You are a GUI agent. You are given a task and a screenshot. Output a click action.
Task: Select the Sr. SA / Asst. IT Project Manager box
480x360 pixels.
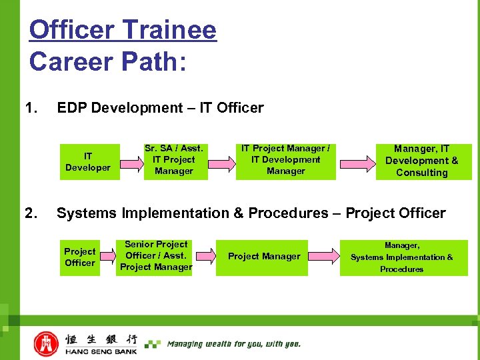click(175, 161)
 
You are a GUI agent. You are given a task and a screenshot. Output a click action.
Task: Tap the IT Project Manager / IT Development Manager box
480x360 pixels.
click(285, 161)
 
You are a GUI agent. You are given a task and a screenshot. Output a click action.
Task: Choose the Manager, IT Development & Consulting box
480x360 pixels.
click(423, 162)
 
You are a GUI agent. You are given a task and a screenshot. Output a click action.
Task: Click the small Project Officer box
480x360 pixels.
click(80, 257)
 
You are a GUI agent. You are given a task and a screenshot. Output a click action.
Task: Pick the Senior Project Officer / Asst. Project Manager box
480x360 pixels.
click(156, 257)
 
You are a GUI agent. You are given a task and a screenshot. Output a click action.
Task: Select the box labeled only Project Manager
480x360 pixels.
click(264, 257)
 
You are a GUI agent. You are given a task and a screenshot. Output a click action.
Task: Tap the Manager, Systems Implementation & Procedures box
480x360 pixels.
click(403, 258)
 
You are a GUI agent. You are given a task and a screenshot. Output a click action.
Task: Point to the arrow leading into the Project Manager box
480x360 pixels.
click(205, 257)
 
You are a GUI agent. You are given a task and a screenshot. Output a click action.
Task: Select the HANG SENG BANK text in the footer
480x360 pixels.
click(100, 351)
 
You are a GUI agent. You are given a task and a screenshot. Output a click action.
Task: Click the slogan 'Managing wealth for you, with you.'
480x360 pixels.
click(233, 344)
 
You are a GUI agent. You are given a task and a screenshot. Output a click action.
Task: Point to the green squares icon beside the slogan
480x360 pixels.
click(153, 344)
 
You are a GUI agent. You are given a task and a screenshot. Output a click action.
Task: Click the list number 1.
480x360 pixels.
click(31, 108)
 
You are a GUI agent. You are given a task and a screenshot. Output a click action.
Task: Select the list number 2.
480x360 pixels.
click(31, 213)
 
